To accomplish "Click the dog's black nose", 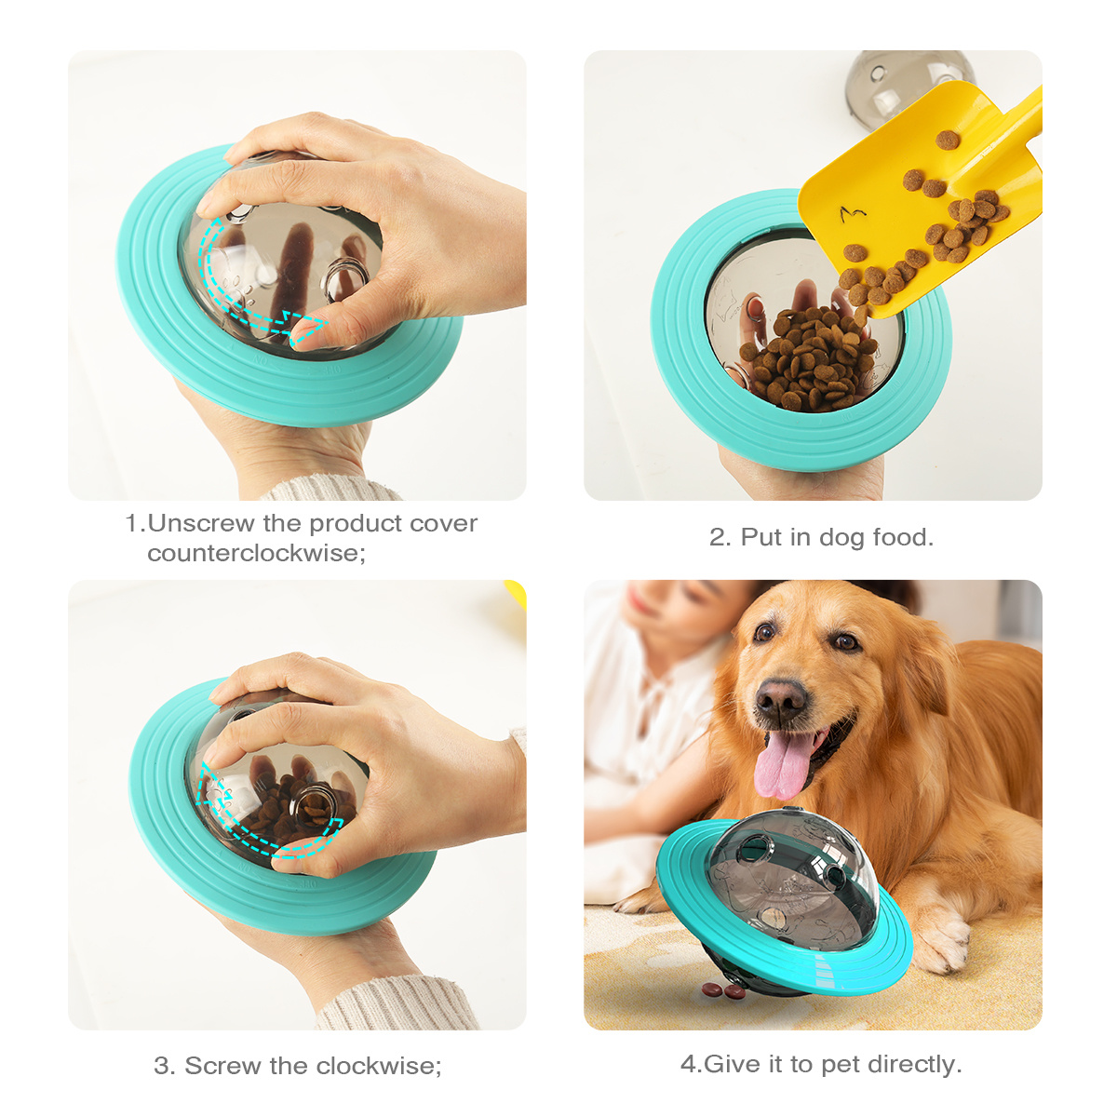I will [781, 700].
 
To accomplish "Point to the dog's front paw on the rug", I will [940, 940].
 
